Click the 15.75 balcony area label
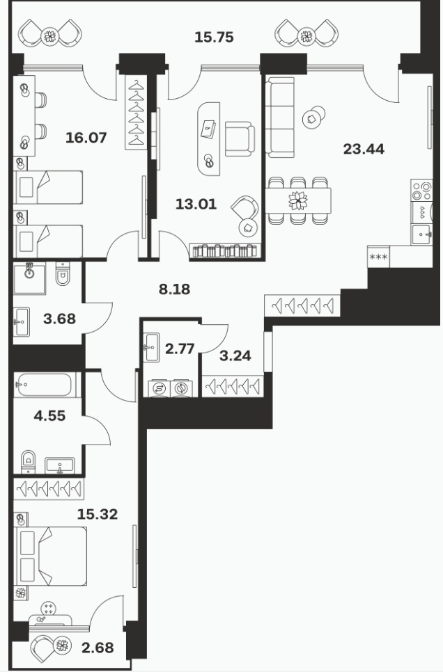[214, 38]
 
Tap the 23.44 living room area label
[364, 149]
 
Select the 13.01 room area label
[196, 204]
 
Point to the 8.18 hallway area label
[174, 289]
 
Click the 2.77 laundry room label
[180, 349]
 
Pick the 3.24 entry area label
[235, 355]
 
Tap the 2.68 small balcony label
[98, 648]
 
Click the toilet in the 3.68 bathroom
[63, 274]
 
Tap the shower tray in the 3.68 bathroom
[29, 279]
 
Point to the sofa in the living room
[280, 118]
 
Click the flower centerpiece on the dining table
[298, 200]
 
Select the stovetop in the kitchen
[421, 191]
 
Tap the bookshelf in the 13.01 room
[226, 250]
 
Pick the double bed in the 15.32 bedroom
[52, 556]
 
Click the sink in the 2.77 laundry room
[151, 346]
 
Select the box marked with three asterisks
[378, 257]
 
